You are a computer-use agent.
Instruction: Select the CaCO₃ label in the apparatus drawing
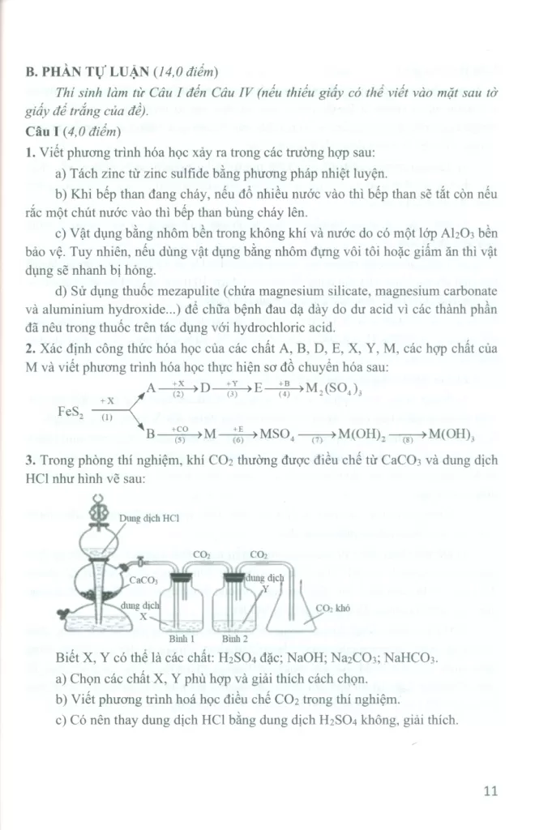coord(143,580)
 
